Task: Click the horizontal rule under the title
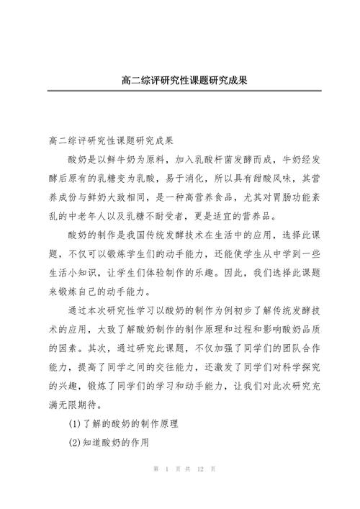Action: pos(180,91)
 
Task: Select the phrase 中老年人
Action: pos(95,215)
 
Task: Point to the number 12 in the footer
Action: pos(202,490)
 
